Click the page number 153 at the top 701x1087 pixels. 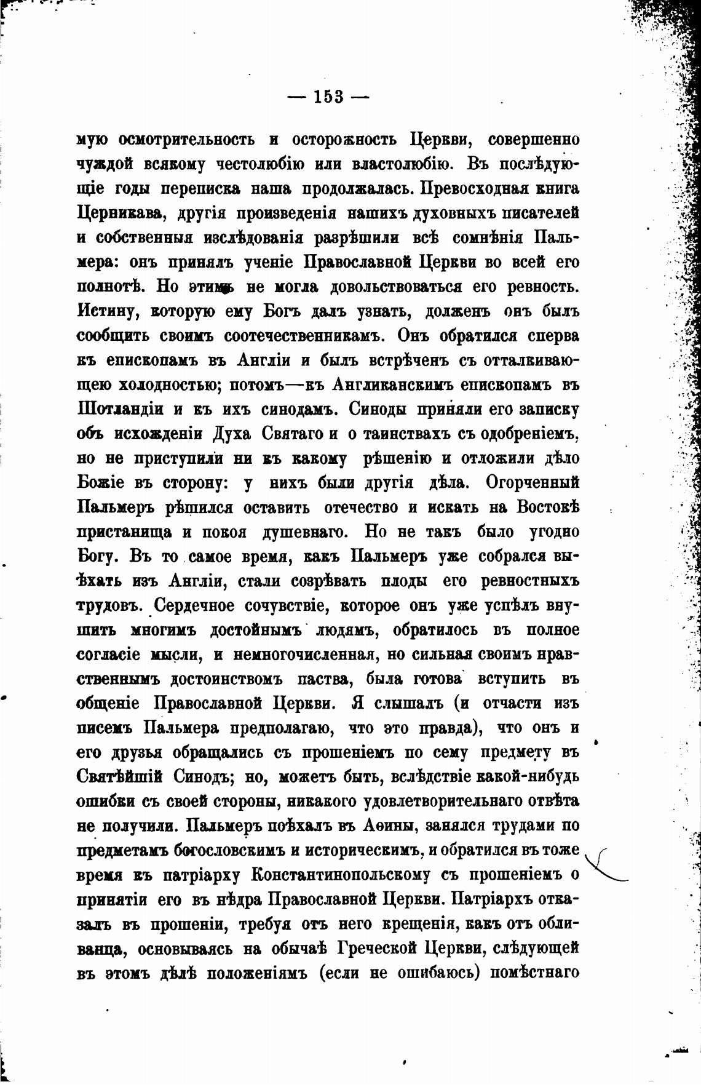click(x=328, y=97)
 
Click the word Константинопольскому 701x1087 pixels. click(x=344, y=875)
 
